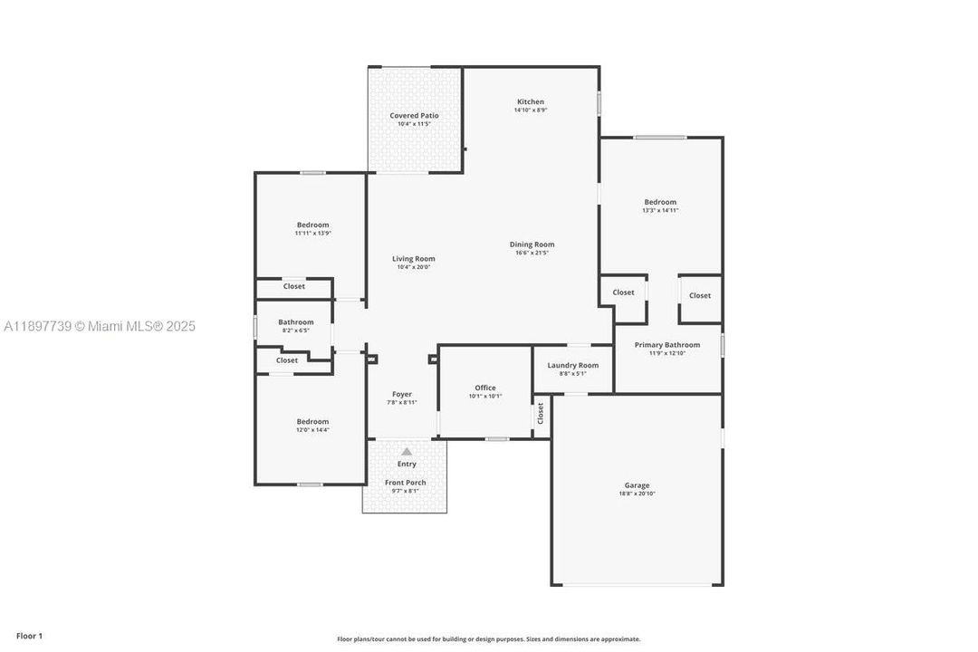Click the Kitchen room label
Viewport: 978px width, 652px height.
point(531,101)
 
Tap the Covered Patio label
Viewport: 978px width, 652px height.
point(414,115)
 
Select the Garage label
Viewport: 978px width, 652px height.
point(637,485)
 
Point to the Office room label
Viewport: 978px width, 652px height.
point(485,388)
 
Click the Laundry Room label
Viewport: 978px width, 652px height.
point(572,365)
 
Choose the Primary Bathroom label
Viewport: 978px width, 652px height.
point(666,344)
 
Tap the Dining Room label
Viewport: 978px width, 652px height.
point(532,244)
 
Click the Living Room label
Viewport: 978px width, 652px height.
point(413,259)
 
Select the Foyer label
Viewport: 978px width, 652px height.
point(402,394)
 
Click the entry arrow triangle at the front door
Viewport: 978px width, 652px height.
point(407,451)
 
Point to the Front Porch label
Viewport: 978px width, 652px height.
point(405,483)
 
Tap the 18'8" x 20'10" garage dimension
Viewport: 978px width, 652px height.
point(637,494)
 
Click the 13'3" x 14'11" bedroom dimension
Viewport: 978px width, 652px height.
point(660,210)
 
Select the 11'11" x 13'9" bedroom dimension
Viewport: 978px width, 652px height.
point(312,234)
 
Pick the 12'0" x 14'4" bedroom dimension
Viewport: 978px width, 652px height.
point(312,429)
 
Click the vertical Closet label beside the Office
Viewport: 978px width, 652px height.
point(541,414)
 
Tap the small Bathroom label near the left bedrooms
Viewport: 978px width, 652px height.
point(296,321)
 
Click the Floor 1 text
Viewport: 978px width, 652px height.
point(29,636)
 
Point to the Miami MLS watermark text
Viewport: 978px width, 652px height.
point(100,326)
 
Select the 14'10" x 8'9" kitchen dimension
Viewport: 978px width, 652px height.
point(531,110)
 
